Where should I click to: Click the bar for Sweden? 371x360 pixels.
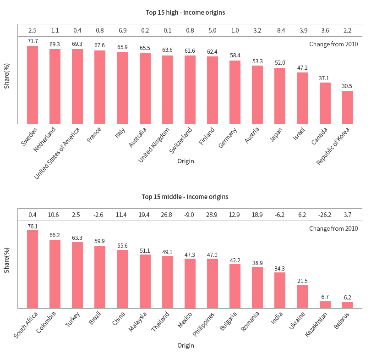tap(33, 85)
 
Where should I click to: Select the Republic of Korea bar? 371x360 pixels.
tap(348, 107)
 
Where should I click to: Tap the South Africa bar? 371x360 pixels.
tap(33, 269)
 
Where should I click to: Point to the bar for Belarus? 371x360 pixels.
tap(348, 305)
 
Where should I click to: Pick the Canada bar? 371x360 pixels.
tap(325, 103)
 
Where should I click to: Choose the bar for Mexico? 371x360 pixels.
tap(190, 283)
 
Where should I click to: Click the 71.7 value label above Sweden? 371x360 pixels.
tap(33, 41)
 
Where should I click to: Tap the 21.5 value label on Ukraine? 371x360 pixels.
tap(303, 281)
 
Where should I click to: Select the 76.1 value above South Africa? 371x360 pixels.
tap(33, 226)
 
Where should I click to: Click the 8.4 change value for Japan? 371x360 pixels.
tap(280, 30)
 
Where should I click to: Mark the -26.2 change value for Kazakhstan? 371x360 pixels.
tap(325, 215)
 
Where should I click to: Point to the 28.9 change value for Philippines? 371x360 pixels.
tap(213, 215)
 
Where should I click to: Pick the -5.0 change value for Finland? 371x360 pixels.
tap(213, 30)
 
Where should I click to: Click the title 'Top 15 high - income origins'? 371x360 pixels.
tap(185, 12)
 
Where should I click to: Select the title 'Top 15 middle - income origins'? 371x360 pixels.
tap(185, 197)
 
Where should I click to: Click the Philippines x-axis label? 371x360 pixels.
tap(203, 325)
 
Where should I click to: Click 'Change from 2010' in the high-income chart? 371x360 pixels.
tap(333, 44)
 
